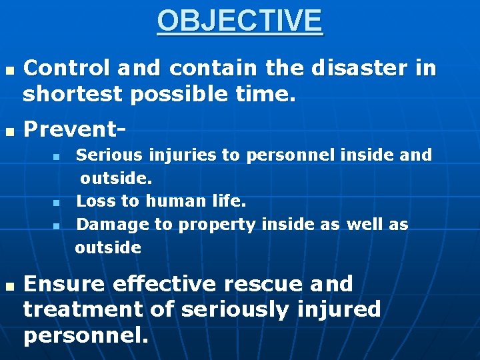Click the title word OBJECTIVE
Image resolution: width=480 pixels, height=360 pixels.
coord(240,21)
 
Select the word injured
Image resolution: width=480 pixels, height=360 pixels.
coord(340,309)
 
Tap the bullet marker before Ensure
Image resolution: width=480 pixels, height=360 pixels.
coord(9,285)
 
